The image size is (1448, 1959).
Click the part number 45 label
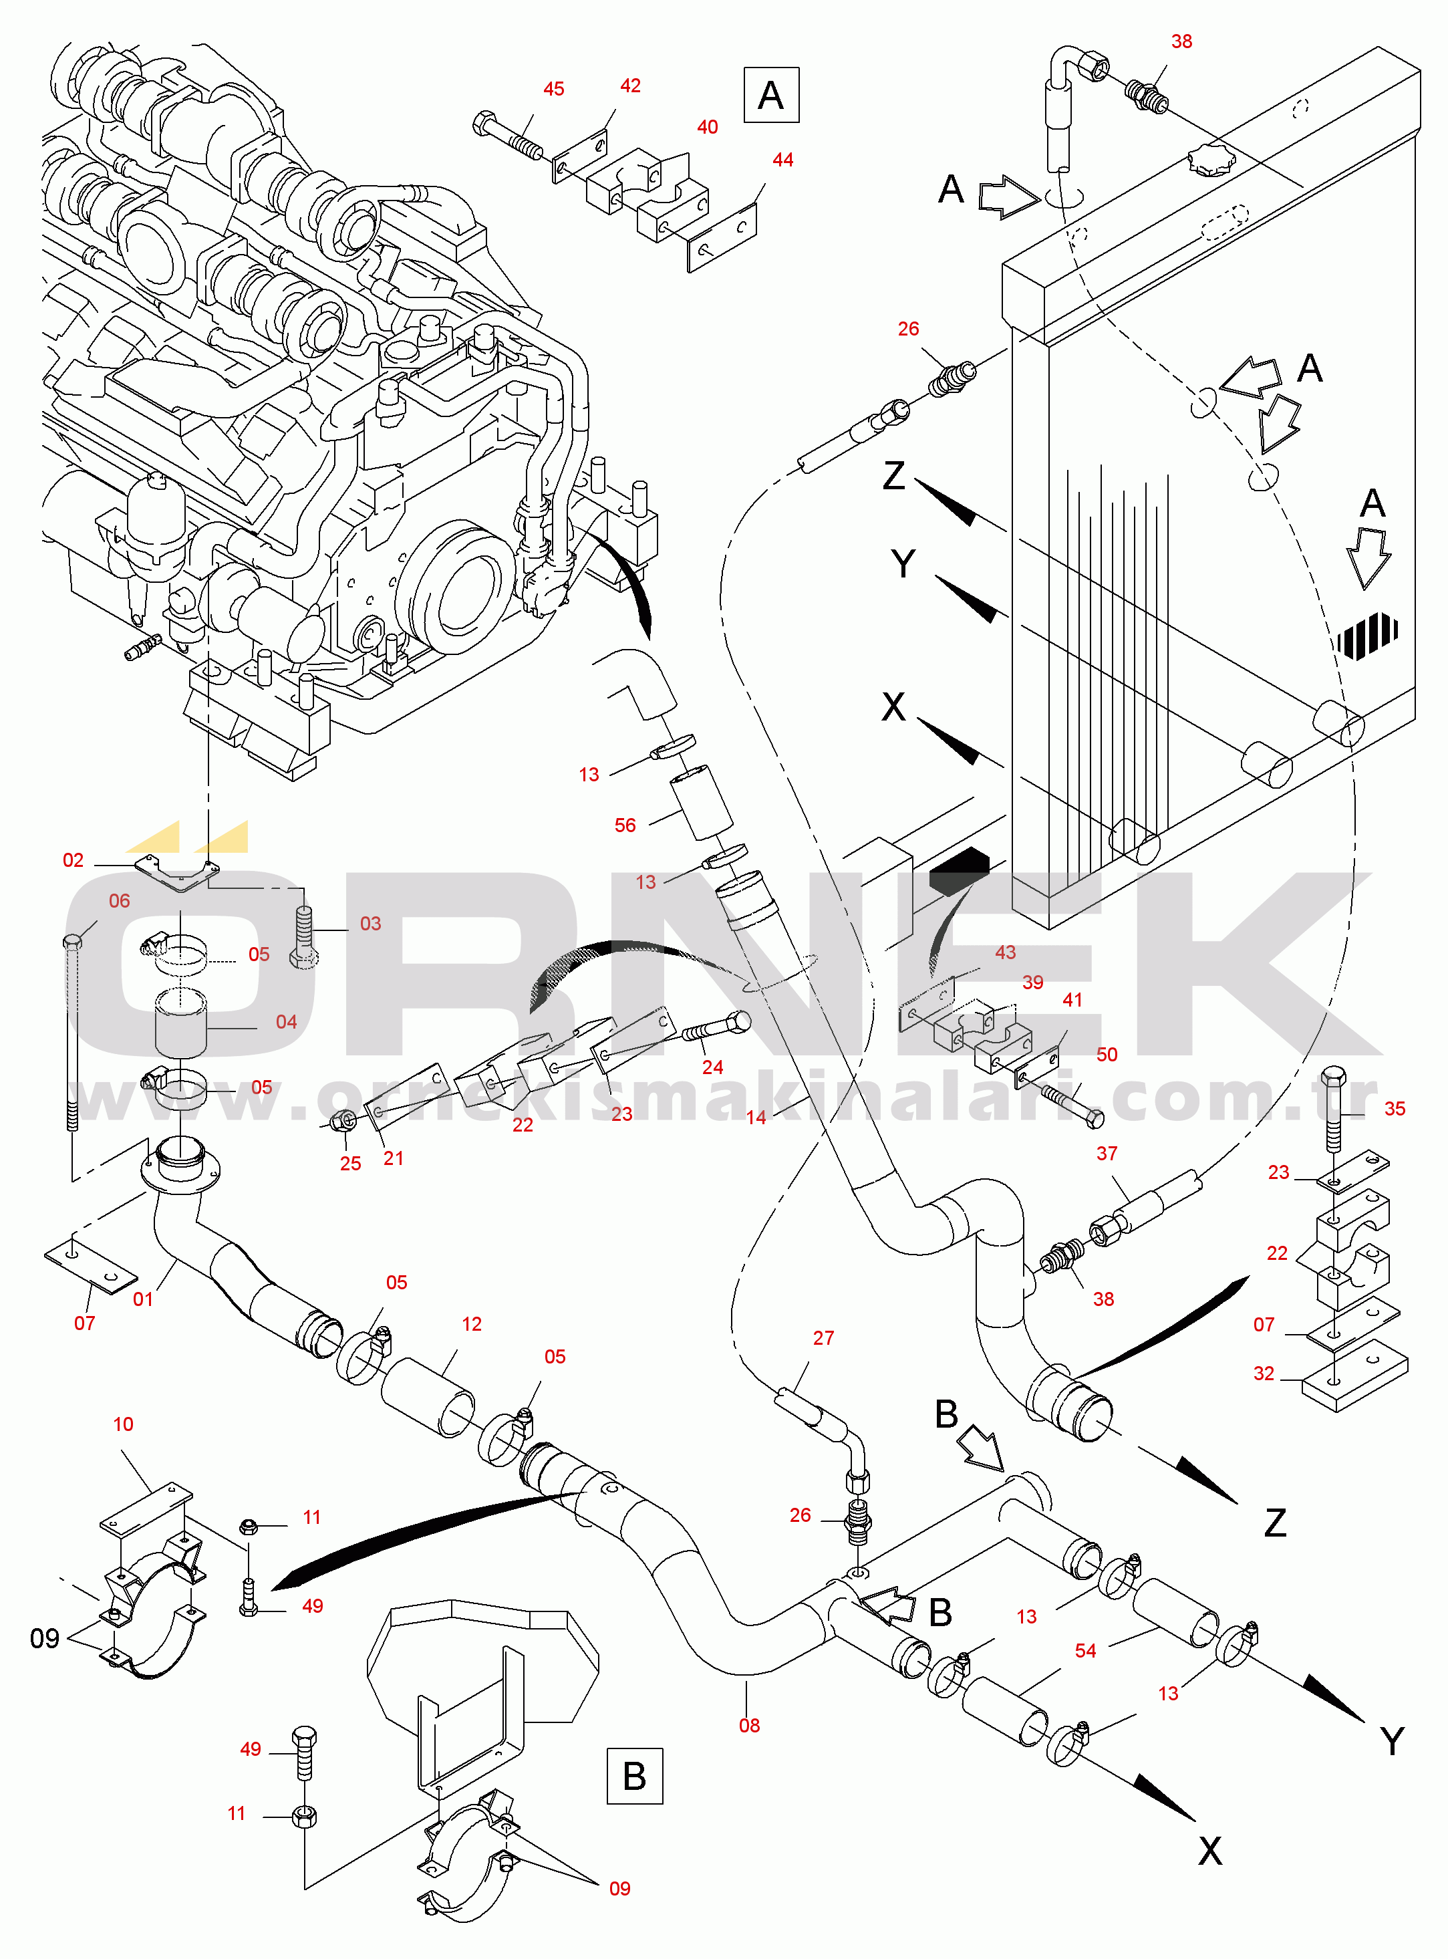pos(553,90)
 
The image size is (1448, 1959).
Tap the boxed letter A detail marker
pos(770,95)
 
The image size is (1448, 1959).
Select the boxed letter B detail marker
pos(635,1776)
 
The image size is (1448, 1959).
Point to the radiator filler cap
pos(1211,160)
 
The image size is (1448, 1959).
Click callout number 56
pos(625,825)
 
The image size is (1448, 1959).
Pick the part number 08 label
pos(750,1725)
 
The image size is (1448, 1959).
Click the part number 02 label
pos(73,860)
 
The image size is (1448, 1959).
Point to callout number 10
pos(123,1424)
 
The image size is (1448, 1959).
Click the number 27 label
pos(823,1337)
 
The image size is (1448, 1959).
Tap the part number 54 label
pos(1085,1650)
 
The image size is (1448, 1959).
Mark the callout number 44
pos(782,160)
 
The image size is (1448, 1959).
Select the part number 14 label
pos(756,1117)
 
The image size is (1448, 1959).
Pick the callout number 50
pos(1107,1055)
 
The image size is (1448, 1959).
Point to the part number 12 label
pos(472,1323)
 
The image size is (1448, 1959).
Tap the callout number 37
pos(1107,1154)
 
